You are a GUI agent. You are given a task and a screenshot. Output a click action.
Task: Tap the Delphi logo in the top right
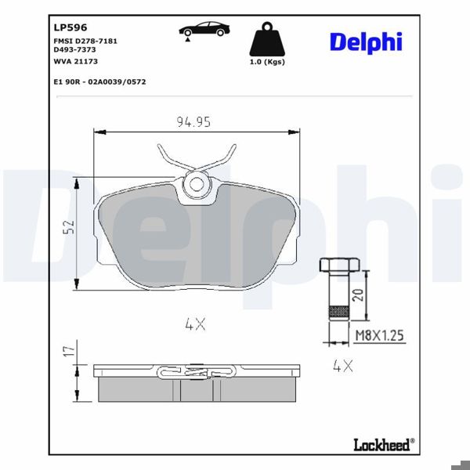coord(365,42)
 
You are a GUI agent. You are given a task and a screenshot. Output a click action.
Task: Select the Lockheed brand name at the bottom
coord(381,445)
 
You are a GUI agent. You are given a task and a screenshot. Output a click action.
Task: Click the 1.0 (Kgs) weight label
coord(266,61)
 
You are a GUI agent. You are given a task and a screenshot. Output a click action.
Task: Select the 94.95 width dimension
coord(193,121)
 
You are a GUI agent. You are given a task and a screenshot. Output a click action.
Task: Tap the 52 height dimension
coord(69,228)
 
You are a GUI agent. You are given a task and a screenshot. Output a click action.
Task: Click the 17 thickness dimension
coord(69,351)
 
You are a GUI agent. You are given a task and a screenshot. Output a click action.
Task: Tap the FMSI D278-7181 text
coord(85,40)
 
